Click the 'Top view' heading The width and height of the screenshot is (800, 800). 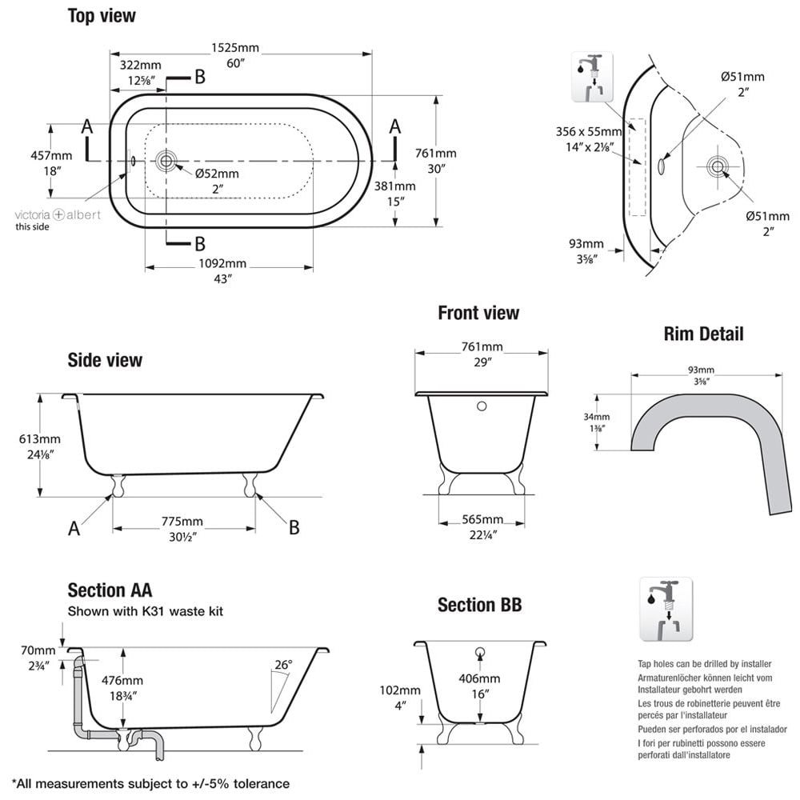coord(102,15)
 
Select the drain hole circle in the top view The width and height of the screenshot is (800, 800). coord(166,160)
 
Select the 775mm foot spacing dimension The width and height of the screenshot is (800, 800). coord(183,522)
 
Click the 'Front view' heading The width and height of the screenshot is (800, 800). coord(478,313)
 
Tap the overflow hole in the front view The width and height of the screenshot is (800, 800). coord(482,406)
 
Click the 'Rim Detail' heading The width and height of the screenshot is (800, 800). coord(703,334)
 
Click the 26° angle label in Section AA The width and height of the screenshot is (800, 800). coord(283,664)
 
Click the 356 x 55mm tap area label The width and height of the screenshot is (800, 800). coord(588,132)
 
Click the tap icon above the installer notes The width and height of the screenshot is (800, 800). coord(666,609)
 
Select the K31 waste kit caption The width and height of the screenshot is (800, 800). coord(145,611)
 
